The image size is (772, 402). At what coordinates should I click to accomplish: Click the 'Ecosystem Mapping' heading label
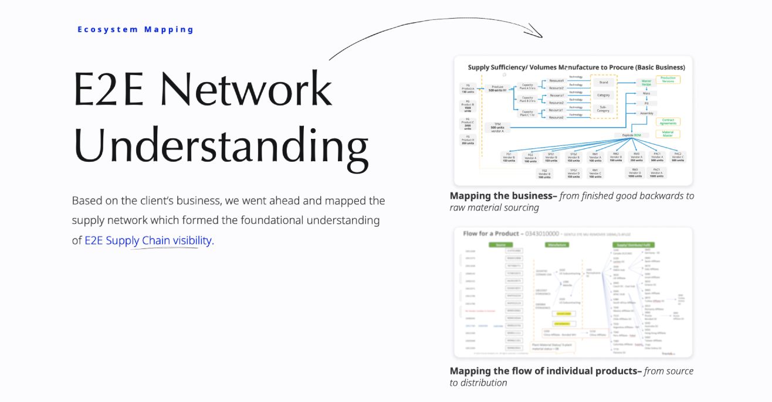click(136, 29)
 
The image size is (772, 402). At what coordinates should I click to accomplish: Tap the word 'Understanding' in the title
click(221, 145)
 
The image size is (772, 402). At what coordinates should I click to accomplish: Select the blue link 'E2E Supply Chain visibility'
click(148, 240)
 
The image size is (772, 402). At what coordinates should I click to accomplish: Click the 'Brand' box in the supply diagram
click(603, 83)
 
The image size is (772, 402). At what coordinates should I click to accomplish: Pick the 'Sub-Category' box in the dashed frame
click(603, 109)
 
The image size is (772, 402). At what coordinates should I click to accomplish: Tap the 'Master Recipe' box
click(646, 83)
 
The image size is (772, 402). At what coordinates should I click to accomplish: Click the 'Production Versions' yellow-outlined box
click(668, 79)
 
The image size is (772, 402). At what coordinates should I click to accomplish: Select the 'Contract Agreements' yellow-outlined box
click(668, 122)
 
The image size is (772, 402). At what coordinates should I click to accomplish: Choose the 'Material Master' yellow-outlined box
click(668, 134)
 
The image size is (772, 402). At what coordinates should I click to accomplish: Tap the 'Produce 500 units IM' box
click(497, 88)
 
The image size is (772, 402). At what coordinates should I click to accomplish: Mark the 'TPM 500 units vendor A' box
click(497, 127)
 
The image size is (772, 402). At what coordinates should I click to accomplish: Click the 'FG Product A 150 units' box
click(468, 88)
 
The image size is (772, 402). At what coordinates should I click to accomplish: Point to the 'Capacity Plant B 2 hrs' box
click(527, 99)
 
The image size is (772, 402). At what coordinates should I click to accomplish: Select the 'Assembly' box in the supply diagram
click(646, 113)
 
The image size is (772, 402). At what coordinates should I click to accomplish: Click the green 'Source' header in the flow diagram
click(500, 244)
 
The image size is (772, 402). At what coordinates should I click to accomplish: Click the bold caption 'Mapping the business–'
click(503, 196)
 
